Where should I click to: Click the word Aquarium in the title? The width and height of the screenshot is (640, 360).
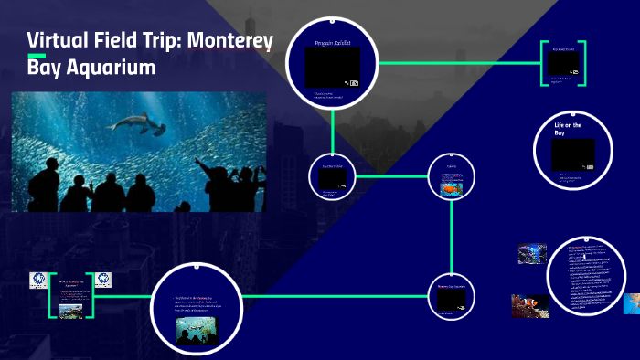point(111,68)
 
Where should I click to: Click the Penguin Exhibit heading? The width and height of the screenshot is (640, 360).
point(333,42)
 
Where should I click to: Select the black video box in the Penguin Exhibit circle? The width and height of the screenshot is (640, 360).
point(333,67)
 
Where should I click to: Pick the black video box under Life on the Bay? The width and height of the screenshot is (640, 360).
point(573,153)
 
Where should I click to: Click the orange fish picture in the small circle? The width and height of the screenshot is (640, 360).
point(452,187)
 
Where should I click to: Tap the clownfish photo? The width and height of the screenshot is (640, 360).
point(530,304)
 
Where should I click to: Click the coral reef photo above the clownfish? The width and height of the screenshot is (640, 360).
point(533,253)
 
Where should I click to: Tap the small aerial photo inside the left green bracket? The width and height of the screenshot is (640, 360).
point(71,311)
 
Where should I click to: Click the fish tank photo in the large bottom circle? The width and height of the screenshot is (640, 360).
point(197,329)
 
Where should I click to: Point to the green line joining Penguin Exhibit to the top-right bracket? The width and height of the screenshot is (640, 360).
point(457,63)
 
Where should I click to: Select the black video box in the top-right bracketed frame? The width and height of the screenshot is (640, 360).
point(562,62)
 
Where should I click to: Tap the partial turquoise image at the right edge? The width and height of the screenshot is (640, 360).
point(632,303)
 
